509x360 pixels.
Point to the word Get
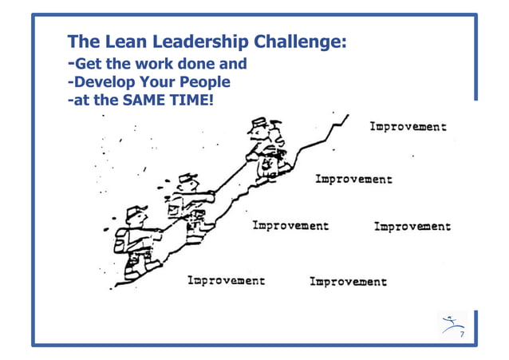click(x=88, y=64)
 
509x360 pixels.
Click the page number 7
click(x=460, y=334)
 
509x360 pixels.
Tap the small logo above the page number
click(x=451, y=324)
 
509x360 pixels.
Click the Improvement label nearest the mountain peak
click(x=407, y=127)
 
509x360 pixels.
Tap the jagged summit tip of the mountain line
click(x=345, y=117)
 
